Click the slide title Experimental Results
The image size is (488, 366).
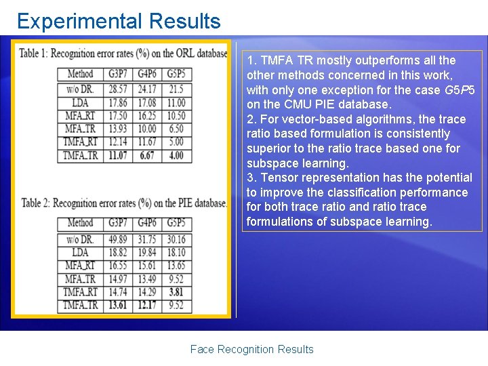tap(119, 21)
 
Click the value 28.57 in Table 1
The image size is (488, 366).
tap(117, 89)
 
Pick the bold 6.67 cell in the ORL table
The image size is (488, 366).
tap(147, 155)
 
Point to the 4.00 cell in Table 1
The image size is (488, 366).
tap(176, 155)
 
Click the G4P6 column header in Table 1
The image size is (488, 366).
tap(147, 73)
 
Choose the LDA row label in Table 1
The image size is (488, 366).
tap(81, 102)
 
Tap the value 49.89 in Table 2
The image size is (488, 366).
tap(117, 239)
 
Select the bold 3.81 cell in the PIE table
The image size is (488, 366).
tap(175, 292)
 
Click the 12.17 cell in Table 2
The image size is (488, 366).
tap(147, 305)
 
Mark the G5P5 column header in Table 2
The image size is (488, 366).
tap(176, 223)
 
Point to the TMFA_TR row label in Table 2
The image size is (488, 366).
tap(81, 305)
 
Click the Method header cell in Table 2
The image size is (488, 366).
tap(81, 223)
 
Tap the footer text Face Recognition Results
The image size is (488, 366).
tap(251, 349)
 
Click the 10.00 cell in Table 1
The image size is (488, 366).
tap(147, 129)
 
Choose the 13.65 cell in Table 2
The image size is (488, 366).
tap(176, 265)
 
